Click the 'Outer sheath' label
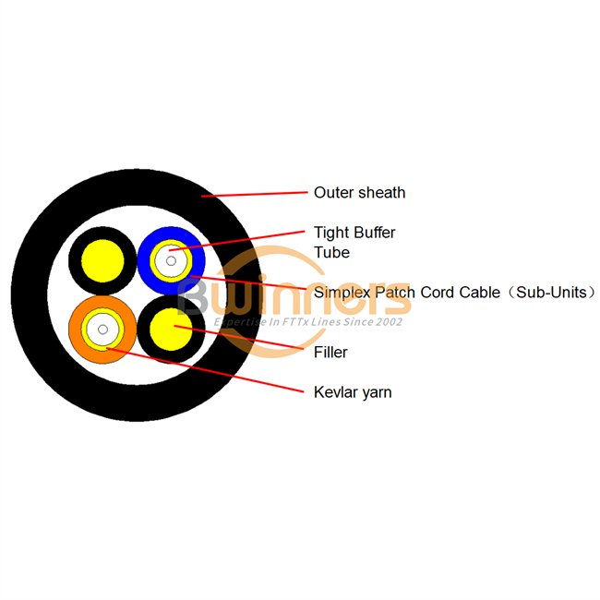(359, 193)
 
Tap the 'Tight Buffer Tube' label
(354, 242)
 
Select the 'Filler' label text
(330, 352)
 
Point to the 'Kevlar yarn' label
(353, 392)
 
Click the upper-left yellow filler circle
(102, 260)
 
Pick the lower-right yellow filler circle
(171, 329)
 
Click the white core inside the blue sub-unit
(170, 260)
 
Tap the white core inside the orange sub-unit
(102, 328)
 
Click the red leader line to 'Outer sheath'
(254, 194)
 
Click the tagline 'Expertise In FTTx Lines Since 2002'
(308, 322)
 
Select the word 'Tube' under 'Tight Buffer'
(330, 252)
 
